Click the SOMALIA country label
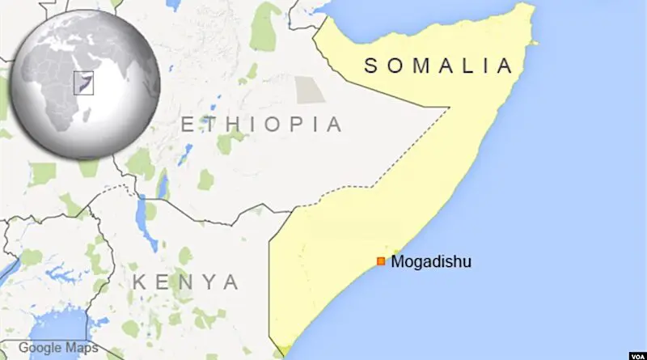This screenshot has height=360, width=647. (x=438, y=66)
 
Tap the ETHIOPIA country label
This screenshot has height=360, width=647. (x=261, y=125)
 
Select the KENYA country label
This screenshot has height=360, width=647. (x=186, y=282)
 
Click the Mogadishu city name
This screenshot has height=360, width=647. (x=430, y=261)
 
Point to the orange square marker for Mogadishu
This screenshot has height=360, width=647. (x=381, y=260)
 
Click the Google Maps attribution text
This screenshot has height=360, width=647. (x=59, y=348)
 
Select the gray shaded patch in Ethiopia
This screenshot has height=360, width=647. (x=309, y=90)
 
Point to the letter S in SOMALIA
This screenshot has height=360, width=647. (x=371, y=66)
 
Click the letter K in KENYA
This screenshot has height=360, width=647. (x=140, y=282)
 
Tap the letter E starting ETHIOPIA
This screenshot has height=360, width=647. (x=187, y=125)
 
